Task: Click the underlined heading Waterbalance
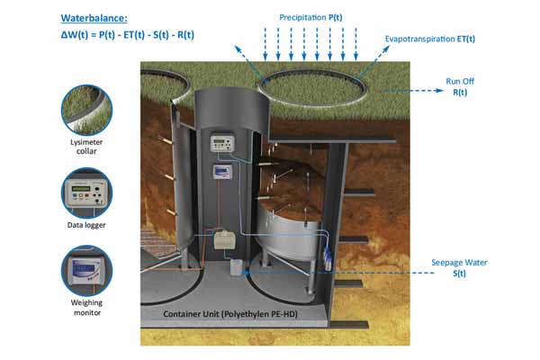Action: (94, 17)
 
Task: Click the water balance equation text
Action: (127, 35)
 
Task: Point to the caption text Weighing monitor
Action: (86, 307)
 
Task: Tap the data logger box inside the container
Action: (221, 144)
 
